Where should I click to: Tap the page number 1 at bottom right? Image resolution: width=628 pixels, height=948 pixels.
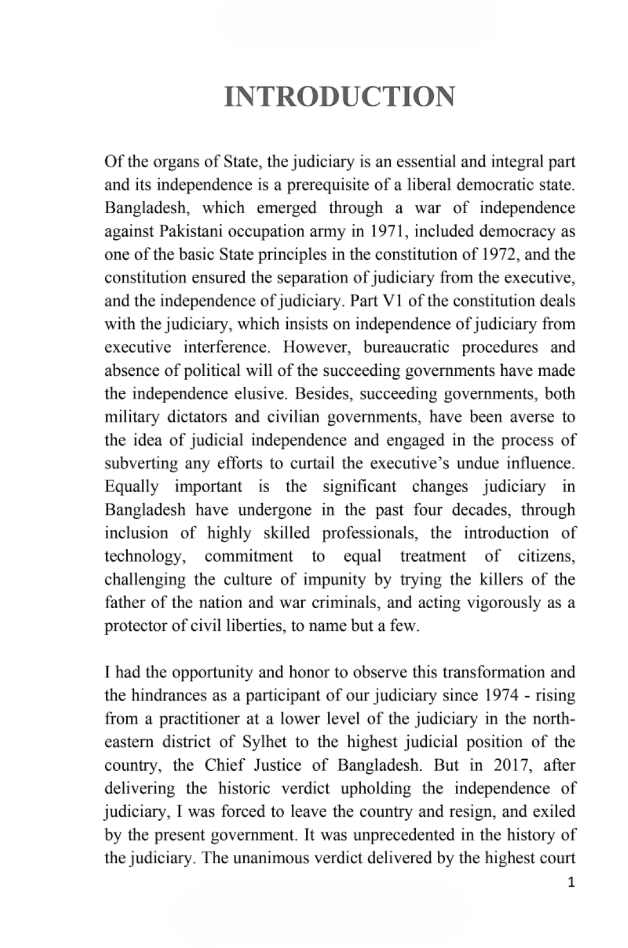570,883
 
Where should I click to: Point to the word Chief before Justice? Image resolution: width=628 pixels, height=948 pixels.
226,765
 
